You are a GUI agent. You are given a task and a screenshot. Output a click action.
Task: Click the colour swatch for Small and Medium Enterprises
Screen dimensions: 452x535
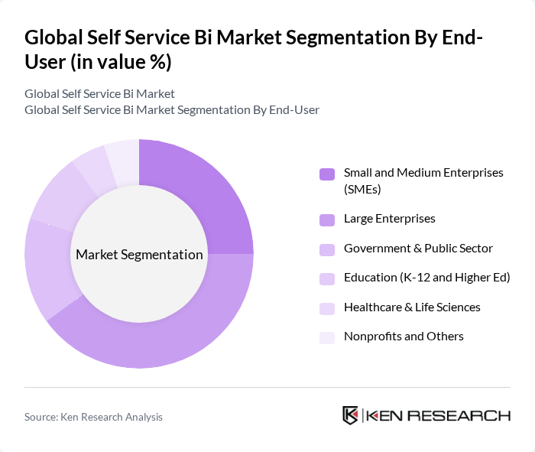pyautogui.click(x=327, y=174)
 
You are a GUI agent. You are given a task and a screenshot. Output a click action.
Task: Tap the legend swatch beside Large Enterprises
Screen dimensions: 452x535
pyautogui.click(x=327, y=220)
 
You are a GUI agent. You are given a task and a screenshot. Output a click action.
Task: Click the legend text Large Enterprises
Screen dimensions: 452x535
pyautogui.click(x=389, y=219)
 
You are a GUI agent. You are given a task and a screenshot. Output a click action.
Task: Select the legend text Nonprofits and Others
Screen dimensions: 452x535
pyautogui.click(x=404, y=337)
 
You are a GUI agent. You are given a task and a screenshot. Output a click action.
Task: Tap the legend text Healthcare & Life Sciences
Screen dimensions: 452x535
pyautogui.click(x=412, y=307)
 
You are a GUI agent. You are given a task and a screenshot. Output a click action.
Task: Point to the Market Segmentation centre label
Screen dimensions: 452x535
pyautogui.click(x=139, y=255)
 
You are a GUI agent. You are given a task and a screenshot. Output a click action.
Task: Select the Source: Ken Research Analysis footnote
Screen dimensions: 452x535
pyautogui.click(x=93, y=417)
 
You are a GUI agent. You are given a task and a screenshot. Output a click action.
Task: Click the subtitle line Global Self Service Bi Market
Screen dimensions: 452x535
pyautogui.click(x=99, y=93)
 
